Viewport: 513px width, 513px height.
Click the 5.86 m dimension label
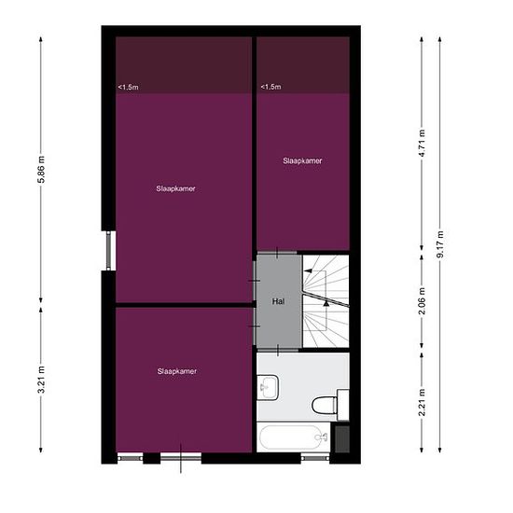pyautogui.click(x=42, y=169)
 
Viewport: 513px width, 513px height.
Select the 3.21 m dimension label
pyautogui.click(x=42, y=380)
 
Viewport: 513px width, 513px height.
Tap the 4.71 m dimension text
pyautogui.click(x=423, y=143)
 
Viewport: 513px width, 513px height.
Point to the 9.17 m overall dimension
pyautogui.click(x=440, y=244)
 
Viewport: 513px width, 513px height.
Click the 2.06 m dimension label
pyautogui.click(x=423, y=301)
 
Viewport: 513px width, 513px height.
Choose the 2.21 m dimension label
pyautogui.click(x=423, y=402)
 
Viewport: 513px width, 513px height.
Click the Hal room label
pyautogui.click(x=278, y=301)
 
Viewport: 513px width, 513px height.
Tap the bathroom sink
pyautogui.click(x=268, y=388)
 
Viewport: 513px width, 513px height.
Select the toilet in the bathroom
pyautogui.click(x=325, y=406)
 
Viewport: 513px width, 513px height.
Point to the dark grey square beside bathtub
pyautogui.click(x=342, y=439)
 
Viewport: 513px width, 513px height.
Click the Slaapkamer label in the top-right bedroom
pyautogui.click(x=302, y=160)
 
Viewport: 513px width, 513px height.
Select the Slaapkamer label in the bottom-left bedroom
pyautogui.click(x=176, y=371)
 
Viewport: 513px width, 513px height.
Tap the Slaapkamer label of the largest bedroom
pyautogui.click(x=175, y=188)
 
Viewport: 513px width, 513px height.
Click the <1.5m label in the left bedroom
pyautogui.click(x=129, y=88)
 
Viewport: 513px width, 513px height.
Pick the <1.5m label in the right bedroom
pyautogui.click(x=270, y=87)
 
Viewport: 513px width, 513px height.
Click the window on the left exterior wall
pyautogui.click(x=109, y=251)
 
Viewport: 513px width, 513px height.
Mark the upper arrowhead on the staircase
pyautogui.click(x=308, y=270)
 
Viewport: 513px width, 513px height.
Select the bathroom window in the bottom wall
pyautogui.click(x=314, y=457)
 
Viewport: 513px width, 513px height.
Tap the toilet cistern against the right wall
pyautogui.click(x=343, y=405)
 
